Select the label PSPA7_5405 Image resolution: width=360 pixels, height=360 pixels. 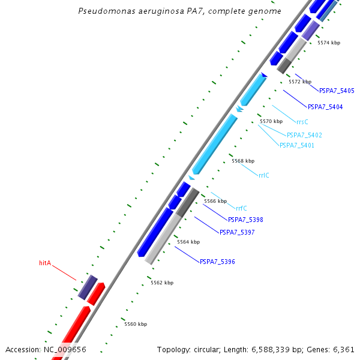(x=337, y=91)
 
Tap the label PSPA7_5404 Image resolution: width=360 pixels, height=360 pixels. (x=325, y=107)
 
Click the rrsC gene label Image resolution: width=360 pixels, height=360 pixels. (x=302, y=122)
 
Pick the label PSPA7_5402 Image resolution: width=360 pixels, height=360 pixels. (x=304, y=136)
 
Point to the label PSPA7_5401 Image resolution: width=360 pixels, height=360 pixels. (x=296, y=145)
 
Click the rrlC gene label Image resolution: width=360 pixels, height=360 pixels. (x=264, y=175)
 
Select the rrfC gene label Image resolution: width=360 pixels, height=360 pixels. (x=241, y=208)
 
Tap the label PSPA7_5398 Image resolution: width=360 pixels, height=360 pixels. (x=245, y=220)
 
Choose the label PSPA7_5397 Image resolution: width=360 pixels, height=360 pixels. (x=237, y=232)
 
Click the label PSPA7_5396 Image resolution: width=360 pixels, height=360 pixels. (x=217, y=262)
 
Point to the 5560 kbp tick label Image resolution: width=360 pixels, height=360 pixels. (x=136, y=324)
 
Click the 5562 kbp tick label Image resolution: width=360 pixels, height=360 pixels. (x=162, y=283)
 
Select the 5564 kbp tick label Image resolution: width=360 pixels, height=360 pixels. (x=188, y=242)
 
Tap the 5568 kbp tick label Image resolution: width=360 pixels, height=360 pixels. (x=243, y=161)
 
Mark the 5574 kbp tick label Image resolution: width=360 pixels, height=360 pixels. (x=329, y=43)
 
